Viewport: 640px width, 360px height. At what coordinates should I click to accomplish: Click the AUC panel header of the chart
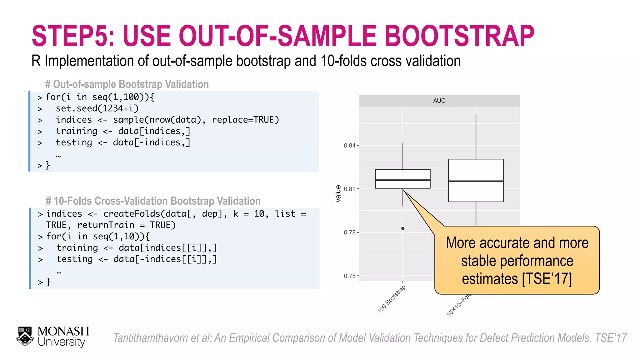pos(439,101)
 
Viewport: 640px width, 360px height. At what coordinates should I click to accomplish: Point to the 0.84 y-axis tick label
pos(349,145)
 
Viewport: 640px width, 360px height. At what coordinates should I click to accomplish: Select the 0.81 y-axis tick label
pos(349,189)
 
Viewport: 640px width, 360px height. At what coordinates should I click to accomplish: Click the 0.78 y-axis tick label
pos(349,232)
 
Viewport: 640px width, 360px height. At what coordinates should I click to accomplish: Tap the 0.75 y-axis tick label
pos(349,276)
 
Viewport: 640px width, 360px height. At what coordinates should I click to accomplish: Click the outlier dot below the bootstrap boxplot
pos(403,228)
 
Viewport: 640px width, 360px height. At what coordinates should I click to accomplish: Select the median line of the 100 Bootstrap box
pos(403,180)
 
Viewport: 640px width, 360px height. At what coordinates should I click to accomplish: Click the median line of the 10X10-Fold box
pos(476,181)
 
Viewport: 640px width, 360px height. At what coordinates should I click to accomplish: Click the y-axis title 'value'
pos(338,194)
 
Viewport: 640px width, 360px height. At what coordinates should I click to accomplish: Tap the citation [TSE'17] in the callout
pos(547,279)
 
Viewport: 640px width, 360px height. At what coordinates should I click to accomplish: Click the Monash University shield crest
pos(25,337)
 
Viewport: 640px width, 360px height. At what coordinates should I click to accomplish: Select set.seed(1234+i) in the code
pos(97,108)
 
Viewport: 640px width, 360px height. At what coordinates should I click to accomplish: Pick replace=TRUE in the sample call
pos(245,120)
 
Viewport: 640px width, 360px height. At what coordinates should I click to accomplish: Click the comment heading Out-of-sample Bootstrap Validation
pos(131,84)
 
